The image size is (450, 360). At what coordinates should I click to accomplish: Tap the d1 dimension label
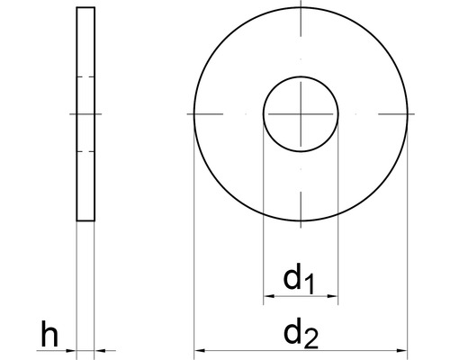tap(299, 280)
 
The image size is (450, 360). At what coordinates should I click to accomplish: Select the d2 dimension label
tap(301, 335)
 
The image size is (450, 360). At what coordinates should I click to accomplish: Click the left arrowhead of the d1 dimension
tap(267, 296)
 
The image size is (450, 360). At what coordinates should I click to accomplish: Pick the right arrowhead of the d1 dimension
tap(333, 296)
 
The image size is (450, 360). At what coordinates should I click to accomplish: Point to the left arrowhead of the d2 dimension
tap(200, 351)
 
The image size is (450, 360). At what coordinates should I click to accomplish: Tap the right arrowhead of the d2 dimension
tap(403, 351)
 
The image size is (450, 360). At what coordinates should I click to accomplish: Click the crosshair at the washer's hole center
tap(301, 114)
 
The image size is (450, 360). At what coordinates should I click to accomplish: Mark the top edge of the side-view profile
tap(85, 8)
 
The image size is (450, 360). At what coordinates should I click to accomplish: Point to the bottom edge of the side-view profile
tap(85, 221)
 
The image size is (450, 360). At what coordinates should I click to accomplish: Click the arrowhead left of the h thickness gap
tap(72, 351)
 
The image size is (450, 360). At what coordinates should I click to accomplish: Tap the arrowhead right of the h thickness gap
tap(99, 351)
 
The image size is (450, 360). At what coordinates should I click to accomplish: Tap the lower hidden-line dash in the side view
tap(85, 151)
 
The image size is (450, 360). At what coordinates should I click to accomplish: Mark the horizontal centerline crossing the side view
tap(85, 114)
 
